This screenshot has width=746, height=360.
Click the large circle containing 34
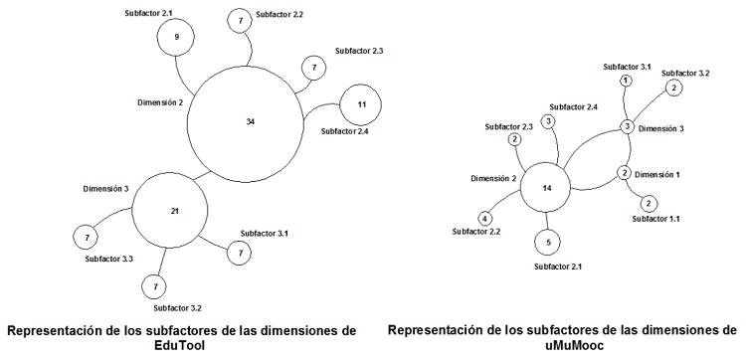point(249,120)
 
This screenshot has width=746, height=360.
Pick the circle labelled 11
point(361,104)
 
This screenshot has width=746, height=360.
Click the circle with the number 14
point(546,188)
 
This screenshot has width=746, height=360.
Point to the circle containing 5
point(547,242)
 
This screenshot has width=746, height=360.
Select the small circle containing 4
point(485,218)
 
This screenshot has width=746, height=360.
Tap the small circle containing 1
point(625,80)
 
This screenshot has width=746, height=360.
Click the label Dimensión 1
point(658,174)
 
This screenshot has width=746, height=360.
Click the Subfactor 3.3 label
point(108,259)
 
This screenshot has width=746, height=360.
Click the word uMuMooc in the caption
point(562,344)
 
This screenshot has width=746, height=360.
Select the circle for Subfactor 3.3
point(88,238)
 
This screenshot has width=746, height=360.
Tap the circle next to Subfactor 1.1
point(649,203)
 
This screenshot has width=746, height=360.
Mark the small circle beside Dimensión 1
point(624,173)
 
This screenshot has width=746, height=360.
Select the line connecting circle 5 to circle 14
point(547,222)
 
